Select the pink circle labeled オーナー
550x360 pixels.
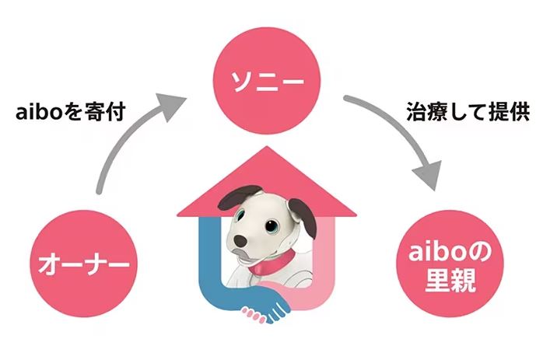click(x=86, y=264)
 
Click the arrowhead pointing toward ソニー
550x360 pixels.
click(x=173, y=102)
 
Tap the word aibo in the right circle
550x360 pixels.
click(x=434, y=250)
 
